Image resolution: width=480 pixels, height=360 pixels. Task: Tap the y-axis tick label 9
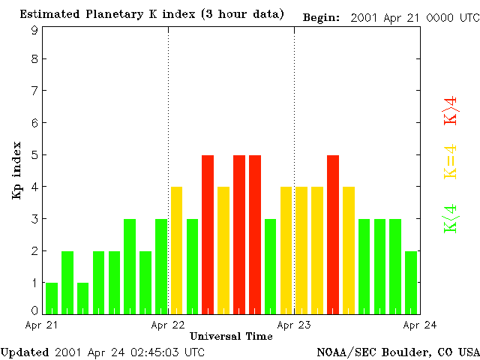tap(34, 30)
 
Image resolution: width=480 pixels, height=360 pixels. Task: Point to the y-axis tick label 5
tap(34, 155)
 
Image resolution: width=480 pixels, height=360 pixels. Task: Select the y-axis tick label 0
tap(34, 310)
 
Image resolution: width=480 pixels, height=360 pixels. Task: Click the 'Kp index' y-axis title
tap(16, 170)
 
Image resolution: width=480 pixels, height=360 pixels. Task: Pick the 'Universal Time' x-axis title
tap(231, 336)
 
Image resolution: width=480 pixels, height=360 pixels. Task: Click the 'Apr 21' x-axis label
tap(42, 325)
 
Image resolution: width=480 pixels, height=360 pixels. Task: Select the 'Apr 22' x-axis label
tap(168, 325)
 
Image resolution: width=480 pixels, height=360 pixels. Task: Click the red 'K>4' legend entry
tap(451, 110)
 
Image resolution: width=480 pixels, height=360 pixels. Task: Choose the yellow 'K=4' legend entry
tap(451, 162)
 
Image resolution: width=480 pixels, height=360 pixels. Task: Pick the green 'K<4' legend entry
tap(451, 218)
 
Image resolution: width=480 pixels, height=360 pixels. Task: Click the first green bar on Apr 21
tap(52, 298)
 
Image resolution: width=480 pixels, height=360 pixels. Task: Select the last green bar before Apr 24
tap(411, 283)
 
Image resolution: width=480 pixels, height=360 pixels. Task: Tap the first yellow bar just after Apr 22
tap(177, 250)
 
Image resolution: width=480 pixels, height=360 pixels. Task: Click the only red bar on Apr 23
tap(333, 235)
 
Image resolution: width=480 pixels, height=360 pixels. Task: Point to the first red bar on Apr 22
tap(208, 235)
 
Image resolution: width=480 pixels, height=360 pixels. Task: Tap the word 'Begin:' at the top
tap(321, 16)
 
